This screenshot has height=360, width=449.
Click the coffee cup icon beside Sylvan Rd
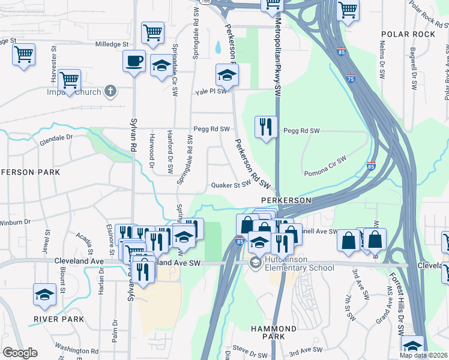pos(134,61)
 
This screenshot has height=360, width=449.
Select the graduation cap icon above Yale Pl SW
pos(228,75)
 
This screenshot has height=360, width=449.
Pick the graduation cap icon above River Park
pos(44,295)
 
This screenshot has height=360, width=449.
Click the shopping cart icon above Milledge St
pos(153,33)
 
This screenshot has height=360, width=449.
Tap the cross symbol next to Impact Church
pos(109,91)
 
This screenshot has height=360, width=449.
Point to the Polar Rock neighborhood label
pos(408,34)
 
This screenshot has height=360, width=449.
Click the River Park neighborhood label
pos(59,319)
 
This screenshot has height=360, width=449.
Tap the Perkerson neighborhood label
pos(286,200)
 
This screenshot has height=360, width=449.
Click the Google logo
pos(20,353)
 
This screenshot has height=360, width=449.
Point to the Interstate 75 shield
pos(351,78)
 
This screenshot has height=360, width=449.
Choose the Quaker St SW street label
pos(229,185)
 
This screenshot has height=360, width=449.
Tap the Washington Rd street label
pos(76,350)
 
